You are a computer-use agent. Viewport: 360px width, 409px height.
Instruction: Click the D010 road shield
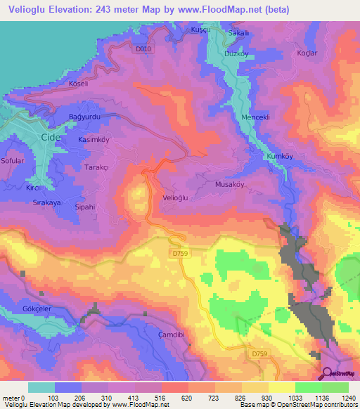coord(143,48)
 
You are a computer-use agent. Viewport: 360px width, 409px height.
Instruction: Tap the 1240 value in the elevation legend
coord(347,398)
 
